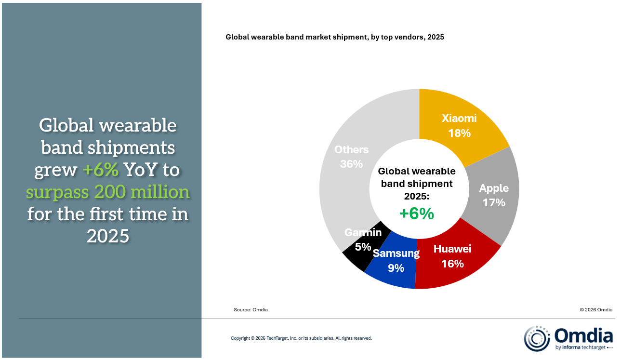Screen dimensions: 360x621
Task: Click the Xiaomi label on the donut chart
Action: pyautogui.click(x=459, y=118)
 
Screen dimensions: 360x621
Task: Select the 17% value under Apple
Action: pyautogui.click(x=494, y=202)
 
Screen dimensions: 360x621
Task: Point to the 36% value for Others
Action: pyautogui.click(x=351, y=164)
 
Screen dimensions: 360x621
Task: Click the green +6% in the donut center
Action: pyautogui.click(x=417, y=213)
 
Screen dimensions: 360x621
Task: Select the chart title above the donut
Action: pyautogui.click(x=334, y=37)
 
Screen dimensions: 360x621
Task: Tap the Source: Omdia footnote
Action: pyautogui.click(x=251, y=310)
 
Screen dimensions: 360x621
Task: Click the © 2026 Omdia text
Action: pyautogui.click(x=596, y=310)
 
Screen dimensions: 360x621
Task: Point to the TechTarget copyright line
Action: pyautogui.click(x=301, y=338)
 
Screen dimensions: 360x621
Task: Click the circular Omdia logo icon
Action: pyautogui.click(x=537, y=338)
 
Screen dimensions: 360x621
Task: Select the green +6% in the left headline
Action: pyautogui.click(x=100, y=170)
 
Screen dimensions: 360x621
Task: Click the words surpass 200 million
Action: pyautogui.click(x=108, y=192)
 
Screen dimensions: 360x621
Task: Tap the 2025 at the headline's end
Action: pyautogui.click(x=108, y=236)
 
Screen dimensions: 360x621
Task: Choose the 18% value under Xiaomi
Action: pyautogui.click(x=459, y=133)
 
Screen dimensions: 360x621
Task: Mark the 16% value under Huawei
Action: pyautogui.click(x=452, y=264)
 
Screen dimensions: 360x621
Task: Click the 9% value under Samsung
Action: pyautogui.click(x=396, y=268)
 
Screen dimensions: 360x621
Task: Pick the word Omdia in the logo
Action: pyautogui.click(x=583, y=335)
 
